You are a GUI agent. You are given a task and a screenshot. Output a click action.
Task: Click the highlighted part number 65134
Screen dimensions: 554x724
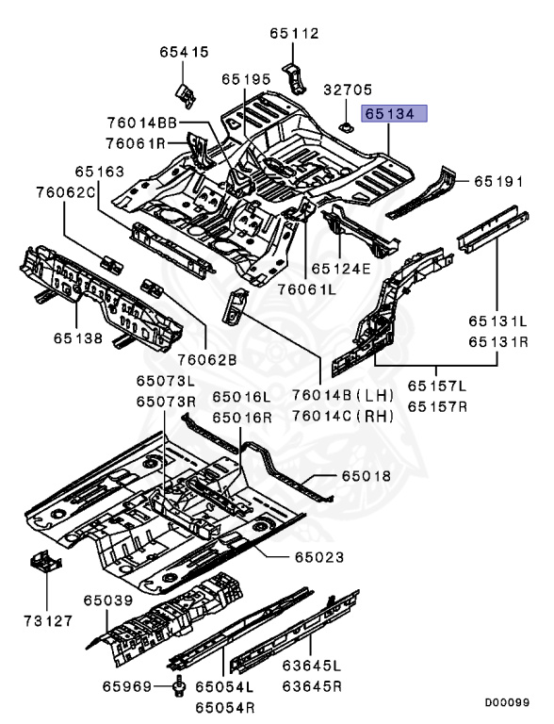click(x=394, y=113)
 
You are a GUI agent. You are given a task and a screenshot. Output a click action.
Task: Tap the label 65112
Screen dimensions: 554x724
click(x=295, y=34)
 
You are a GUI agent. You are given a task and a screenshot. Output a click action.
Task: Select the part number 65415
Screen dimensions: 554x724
click(x=185, y=52)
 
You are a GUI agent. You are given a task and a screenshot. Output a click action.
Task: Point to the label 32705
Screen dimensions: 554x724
click(x=347, y=90)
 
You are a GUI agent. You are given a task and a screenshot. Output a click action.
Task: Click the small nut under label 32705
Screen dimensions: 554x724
click(x=346, y=126)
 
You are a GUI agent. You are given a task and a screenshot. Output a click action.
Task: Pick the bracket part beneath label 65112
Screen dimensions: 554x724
click(x=294, y=79)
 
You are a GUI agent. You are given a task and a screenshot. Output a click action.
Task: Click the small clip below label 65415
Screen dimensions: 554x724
click(x=185, y=95)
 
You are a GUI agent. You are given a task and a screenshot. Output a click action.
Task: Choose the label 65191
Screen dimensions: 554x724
click(x=499, y=181)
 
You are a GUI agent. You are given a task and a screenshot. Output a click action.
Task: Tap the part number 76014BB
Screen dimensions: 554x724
click(x=142, y=123)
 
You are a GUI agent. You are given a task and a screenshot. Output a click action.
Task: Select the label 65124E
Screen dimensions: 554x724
click(x=341, y=269)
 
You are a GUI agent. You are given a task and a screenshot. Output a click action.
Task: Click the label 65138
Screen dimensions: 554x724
click(x=78, y=338)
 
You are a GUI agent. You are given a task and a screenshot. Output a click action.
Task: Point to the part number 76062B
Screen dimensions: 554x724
click(x=207, y=360)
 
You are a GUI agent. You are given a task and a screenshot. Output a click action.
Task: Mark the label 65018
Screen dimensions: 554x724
click(x=367, y=475)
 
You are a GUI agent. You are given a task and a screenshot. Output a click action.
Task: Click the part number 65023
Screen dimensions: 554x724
click(x=319, y=557)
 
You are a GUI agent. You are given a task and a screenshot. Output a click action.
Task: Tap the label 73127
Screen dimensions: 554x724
click(x=48, y=621)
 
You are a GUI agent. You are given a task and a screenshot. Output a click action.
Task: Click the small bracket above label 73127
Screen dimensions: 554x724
click(x=45, y=560)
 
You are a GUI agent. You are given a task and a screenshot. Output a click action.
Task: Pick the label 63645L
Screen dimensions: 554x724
click(x=312, y=666)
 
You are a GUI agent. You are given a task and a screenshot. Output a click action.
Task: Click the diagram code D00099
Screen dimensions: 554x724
click(x=507, y=702)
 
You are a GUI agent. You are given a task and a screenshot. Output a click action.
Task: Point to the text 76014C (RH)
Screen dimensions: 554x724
click(x=343, y=417)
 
